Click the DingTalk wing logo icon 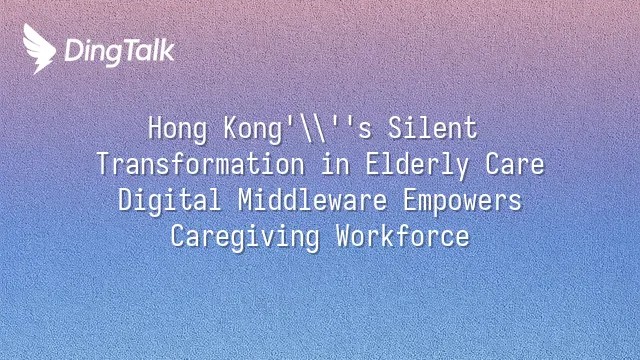(39, 49)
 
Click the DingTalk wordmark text (120, 52)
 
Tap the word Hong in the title (178, 129)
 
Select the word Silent (432, 128)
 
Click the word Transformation (200, 164)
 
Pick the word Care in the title (515, 164)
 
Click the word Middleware (312, 200)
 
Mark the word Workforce (403, 236)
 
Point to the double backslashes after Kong (313, 129)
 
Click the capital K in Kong (231, 128)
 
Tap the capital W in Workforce (344, 236)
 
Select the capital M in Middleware (245, 200)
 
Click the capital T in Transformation (104, 164)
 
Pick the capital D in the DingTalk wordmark (74, 51)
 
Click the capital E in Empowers (410, 200)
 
